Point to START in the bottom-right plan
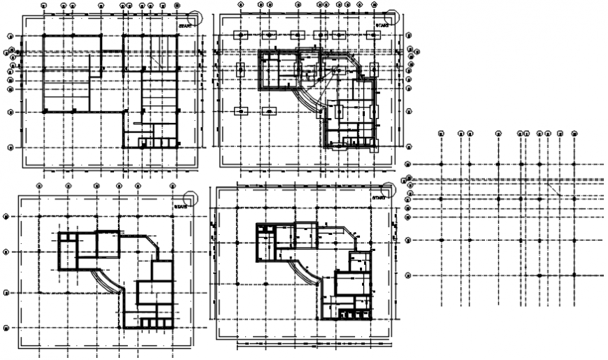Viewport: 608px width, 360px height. (x=379, y=199)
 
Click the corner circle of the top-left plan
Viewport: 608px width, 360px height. (x=196, y=17)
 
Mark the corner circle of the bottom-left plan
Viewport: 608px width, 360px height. (x=191, y=198)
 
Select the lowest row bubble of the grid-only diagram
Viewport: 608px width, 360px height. (x=408, y=275)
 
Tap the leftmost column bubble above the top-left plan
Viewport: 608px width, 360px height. (x=43, y=5)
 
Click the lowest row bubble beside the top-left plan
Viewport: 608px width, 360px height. (x=10, y=147)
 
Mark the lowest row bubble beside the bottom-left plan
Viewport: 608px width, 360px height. (x=6, y=327)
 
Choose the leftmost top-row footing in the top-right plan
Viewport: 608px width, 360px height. (x=240, y=35)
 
